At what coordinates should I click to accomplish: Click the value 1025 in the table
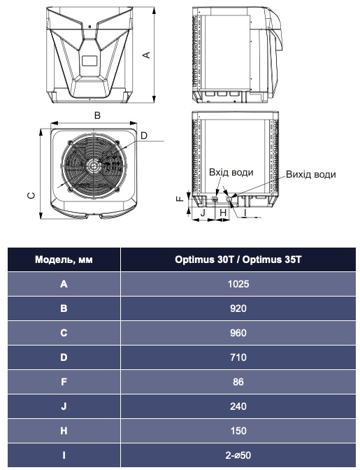[x=238, y=284]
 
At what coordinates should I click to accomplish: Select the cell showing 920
[x=238, y=308]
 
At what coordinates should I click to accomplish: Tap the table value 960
[x=238, y=333]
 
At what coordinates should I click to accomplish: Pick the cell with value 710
[x=238, y=357]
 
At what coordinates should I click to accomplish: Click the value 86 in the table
[x=238, y=382]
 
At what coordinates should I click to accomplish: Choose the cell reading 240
[x=238, y=406]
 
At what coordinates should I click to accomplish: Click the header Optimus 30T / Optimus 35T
[x=238, y=259]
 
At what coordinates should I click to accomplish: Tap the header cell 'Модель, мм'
[x=64, y=259]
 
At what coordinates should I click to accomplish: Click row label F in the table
[x=64, y=382]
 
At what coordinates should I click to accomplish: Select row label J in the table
[x=64, y=406]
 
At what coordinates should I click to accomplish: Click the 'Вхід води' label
[x=231, y=172]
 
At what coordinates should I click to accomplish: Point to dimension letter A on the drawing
[x=146, y=55]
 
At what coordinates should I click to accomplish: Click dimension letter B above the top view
[x=98, y=115]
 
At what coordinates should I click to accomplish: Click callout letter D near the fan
[x=143, y=135]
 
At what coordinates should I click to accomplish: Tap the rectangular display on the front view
[x=89, y=61]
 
